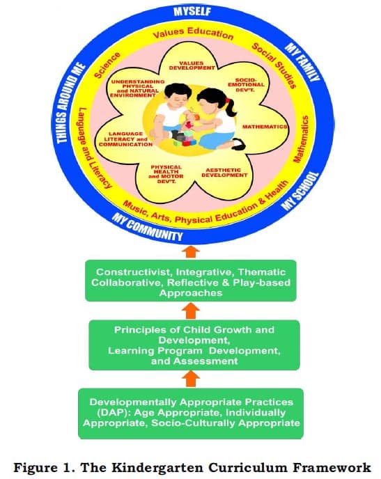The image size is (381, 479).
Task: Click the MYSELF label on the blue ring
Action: pyautogui.click(x=192, y=11)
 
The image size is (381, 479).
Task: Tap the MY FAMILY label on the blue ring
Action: pyautogui.click(x=302, y=62)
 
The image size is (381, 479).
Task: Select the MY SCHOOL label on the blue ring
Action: pyautogui.click(x=300, y=191)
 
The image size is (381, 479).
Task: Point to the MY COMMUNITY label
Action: pyautogui.click(x=147, y=227)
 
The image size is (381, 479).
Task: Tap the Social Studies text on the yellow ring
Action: pyautogui.click(x=274, y=65)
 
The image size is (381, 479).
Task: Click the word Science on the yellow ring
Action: pyautogui.click(x=107, y=65)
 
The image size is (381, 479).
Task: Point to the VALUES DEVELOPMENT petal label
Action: pyautogui.click(x=192, y=65)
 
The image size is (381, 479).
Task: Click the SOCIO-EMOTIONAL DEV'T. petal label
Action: pyautogui.click(x=246, y=85)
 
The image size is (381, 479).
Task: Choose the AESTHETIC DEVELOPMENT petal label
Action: pyautogui.click(x=224, y=173)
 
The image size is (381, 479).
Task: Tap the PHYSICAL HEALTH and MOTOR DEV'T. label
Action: pyautogui.click(x=166, y=174)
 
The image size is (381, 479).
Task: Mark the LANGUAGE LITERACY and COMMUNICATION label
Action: pyautogui.click(x=125, y=139)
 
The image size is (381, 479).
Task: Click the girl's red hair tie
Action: pyautogui.click(x=227, y=100)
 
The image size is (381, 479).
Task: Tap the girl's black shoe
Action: pyautogui.click(x=239, y=143)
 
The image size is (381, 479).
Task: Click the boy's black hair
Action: pyautogui.click(x=178, y=90)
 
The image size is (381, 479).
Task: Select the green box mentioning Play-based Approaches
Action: pyautogui.click(x=191, y=281)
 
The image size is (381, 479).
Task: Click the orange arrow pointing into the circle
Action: pyautogui.click(x=191, y=253)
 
